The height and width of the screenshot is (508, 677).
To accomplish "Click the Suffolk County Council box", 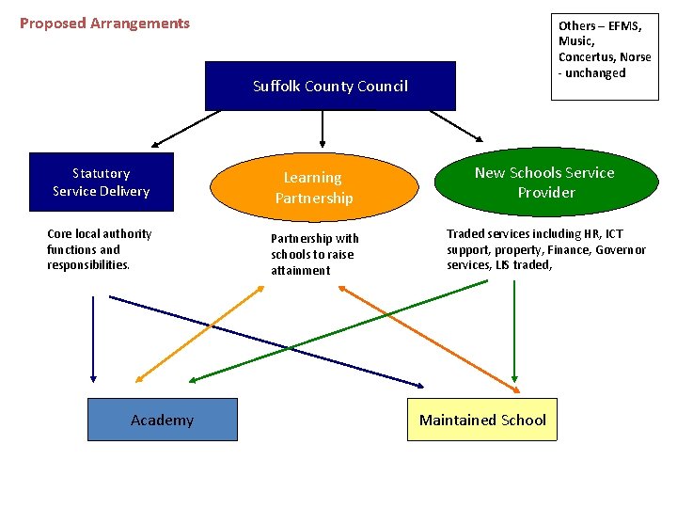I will [x=330, y=86].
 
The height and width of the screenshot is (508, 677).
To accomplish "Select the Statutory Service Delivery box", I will [x=101, y=182].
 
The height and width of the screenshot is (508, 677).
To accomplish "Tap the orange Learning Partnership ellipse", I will [x=313, y=187].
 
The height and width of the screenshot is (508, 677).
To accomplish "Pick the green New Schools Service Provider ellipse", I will [x=544, y=183].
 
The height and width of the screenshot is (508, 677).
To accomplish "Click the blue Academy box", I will [x=162, y=420].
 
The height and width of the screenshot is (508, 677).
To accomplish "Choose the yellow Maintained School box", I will [x=482, y=420].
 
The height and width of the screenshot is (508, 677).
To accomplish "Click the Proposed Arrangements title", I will [x=104, y=24].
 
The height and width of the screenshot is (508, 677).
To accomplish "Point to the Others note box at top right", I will [x=604, y=56].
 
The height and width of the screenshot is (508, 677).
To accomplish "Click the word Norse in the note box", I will [x=636, y=57].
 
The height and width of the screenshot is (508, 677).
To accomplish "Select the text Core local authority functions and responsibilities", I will [x=99, y=249].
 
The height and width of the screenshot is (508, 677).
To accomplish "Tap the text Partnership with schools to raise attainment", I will [x=314, y=254].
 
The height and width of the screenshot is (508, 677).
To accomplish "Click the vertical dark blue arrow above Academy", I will [x=93, y=339].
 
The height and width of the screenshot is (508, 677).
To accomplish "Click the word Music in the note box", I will [x=575, y=41].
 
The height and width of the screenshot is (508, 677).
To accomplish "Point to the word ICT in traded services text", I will [x=613, y=233].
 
